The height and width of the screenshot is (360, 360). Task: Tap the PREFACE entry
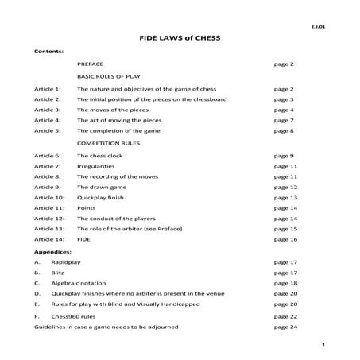(x=91, y=62)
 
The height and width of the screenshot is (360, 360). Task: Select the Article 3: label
(x=48, y=110)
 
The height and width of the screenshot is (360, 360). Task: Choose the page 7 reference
(x=284, y=120)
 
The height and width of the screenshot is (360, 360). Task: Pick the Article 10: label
(x=49, y=197)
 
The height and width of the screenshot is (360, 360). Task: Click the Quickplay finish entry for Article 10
(x=99, y=197)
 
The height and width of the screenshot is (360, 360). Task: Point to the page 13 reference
(x=285, y=197)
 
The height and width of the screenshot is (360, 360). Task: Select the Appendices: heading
(x=53, y=250)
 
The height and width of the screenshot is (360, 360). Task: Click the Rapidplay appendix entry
(x=92, y=261)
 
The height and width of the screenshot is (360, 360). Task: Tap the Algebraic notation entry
(x=103, y=282)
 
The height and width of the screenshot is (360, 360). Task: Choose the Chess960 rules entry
(x=98, y=316)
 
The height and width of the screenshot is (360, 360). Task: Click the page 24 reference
(x=285, y=327)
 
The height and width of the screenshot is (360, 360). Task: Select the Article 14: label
(x=49, y=238)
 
